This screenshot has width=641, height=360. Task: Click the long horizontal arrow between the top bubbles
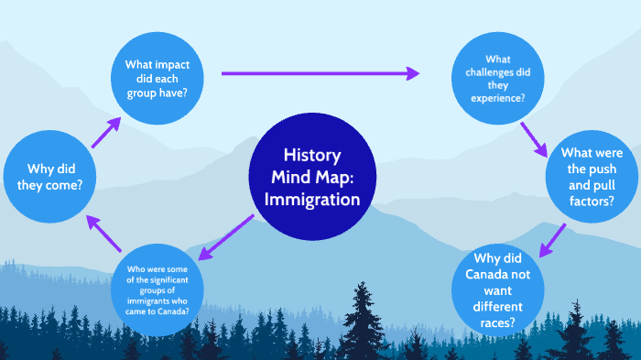pyautogui.click(x=320, y=73)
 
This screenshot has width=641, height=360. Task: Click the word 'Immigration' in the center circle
pyautogui.click(x=311, y=199)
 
